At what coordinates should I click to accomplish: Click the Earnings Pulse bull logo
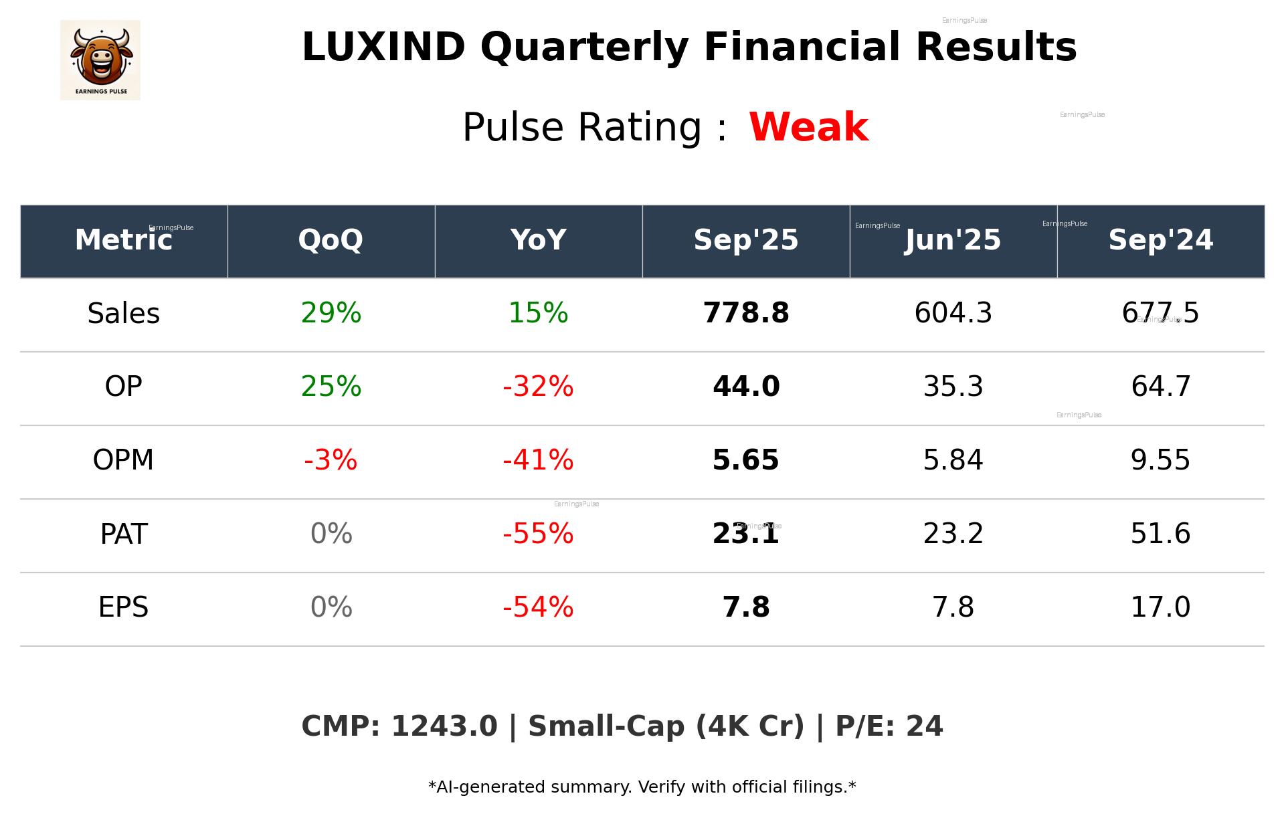(x=100, y=60)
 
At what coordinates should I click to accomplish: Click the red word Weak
(x=808, y=127)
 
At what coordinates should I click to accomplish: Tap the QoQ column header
(x=331, y=240)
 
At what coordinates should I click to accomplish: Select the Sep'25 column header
(x=745, y=240)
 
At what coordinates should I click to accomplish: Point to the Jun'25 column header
(x=953, y=240)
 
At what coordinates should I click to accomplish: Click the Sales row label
(x=124, y=314)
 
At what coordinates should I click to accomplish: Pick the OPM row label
(x=123, y=460)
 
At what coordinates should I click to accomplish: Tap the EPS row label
(x=123, y=607)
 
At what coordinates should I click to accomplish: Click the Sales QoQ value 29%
(x=331, y=314)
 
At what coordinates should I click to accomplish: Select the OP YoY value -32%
(x=538, y=387)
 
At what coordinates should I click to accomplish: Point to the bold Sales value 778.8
(x=745, y=314)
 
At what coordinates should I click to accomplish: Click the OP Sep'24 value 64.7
(x=1160, y=387)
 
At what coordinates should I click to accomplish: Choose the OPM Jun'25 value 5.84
(x=953, y=460)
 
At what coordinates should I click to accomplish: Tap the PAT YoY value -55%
(x=538, y=534)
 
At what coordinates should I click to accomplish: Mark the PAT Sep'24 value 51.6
(x=1160, y=534)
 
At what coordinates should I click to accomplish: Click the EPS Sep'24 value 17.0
(x=1160, y=607)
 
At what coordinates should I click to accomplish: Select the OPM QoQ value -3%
(x=331, y=460)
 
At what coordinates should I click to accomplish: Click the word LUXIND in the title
(x=383, y=47)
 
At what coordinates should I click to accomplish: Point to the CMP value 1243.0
(x=444, y=727)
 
